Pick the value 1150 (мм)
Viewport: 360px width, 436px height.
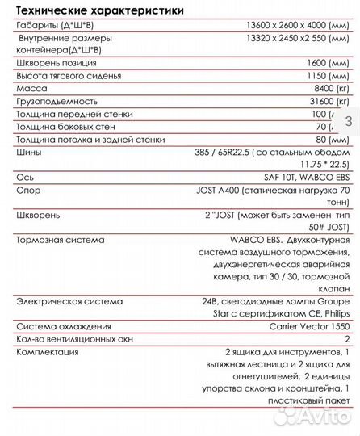[326, 74]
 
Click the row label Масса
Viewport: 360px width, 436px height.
[32, 89]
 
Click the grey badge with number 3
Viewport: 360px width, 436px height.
[348, 121]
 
